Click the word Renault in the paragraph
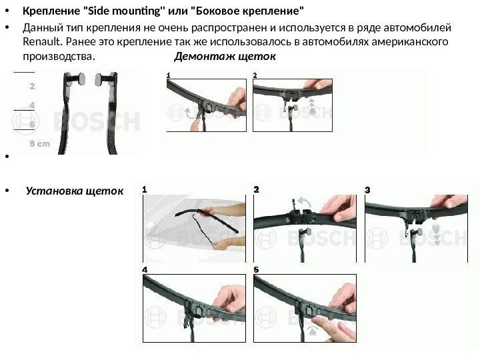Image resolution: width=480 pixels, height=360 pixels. click(42, 41)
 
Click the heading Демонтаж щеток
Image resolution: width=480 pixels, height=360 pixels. click(225, 56)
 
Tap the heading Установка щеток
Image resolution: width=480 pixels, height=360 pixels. click(75, 191)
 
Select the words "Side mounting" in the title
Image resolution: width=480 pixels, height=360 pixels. click(124, 11)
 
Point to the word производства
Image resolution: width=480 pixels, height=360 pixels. click(59, 57)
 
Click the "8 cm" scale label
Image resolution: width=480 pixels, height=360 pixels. click(39, 143)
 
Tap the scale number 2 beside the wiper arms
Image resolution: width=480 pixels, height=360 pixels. click(32, 86)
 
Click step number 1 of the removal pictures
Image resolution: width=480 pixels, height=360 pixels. click(169, 75)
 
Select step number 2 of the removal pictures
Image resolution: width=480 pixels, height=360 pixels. click(255, 75)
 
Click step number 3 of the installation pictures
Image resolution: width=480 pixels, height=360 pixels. click(367, 190)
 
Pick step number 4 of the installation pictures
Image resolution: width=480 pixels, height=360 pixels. click(145, 270)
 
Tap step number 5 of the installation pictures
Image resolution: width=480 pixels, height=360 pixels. click(256, 270)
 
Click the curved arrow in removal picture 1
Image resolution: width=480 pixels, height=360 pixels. click(189, 113)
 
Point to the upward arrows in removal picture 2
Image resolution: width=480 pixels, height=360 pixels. click(312, 106)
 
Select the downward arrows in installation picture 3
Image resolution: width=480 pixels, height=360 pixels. click(436, 235)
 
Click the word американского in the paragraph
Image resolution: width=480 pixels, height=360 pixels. click(409, 41)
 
